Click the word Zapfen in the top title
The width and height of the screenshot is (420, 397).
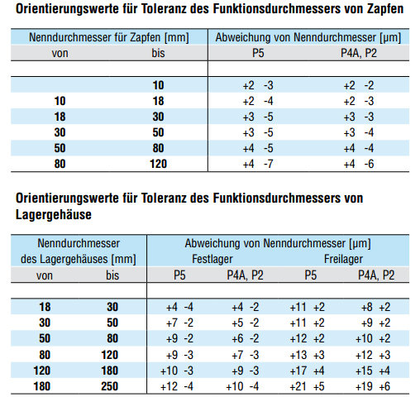385,9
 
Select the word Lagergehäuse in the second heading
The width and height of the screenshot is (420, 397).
54,214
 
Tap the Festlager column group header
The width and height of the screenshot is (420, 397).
212,259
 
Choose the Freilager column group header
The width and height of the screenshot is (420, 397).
343,259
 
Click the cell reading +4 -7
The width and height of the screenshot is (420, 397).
258,164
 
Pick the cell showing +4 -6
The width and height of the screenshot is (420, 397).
359,164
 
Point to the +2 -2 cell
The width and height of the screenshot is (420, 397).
359,85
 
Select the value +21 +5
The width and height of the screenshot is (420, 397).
308,386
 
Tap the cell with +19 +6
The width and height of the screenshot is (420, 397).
373,386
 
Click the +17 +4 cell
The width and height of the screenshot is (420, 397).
308,371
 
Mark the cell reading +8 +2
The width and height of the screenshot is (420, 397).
375,307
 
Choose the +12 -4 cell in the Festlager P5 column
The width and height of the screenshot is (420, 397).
177,386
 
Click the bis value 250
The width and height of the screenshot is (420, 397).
110,386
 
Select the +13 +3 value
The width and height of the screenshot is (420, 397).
308,355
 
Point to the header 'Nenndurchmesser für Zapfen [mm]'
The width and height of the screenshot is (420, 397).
109,37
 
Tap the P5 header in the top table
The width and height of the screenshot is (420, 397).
258,53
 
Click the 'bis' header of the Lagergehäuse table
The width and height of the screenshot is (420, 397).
112,275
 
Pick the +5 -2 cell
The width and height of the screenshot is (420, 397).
246,323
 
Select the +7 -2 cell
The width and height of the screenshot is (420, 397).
179,323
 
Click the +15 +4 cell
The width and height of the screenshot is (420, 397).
373,371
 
